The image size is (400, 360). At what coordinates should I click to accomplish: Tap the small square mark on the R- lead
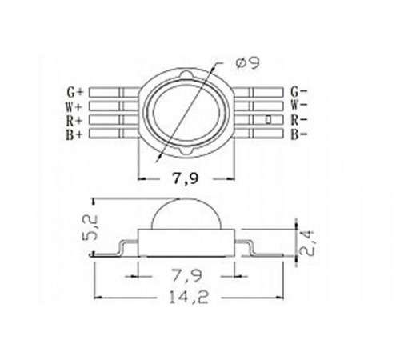point(268,119)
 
